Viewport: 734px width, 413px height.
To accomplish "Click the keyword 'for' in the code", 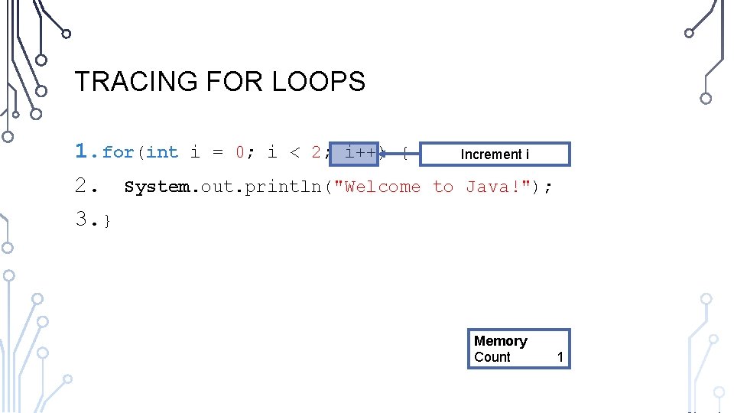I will point(118,152).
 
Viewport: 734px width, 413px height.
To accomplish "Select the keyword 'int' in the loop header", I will point(162,152).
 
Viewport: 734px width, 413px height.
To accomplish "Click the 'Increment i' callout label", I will point(495,154).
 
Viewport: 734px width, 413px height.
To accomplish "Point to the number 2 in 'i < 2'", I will point(316,152).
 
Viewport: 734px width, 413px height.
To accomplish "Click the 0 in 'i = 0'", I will point(240,152).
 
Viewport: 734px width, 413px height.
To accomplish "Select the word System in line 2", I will point(158,187).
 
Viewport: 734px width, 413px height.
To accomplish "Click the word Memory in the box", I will point(501,341).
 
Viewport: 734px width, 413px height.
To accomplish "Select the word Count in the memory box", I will point(492,357).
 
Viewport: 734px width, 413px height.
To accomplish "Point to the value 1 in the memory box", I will point(560,357).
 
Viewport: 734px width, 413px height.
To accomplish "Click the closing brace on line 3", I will point(108,221).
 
